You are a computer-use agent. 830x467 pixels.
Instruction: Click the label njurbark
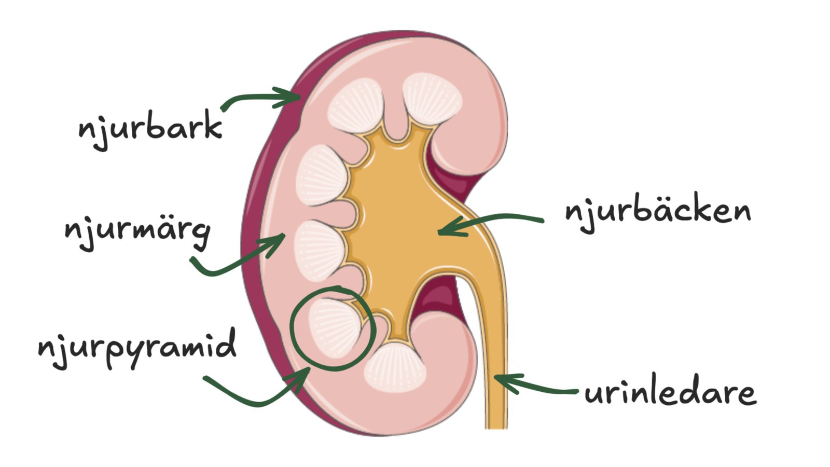(150, 128)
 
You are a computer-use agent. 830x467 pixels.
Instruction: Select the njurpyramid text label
(137, 348)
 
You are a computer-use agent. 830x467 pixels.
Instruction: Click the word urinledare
(671, 392)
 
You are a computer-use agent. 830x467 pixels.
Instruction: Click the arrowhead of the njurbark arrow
(293, 97)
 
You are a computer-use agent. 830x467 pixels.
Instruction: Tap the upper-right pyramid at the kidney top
(432, 98)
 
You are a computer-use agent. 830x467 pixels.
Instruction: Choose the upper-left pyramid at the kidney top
(356, 106)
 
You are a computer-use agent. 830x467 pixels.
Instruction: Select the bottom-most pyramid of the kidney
(395, 367)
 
